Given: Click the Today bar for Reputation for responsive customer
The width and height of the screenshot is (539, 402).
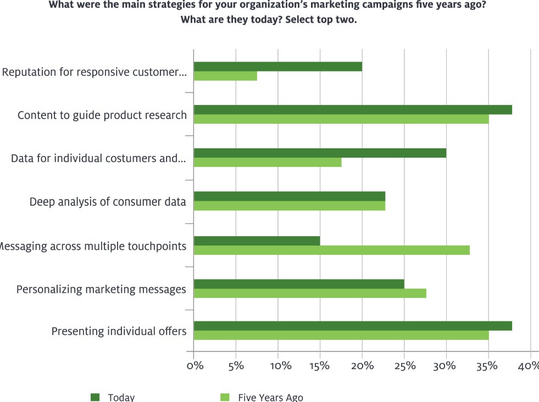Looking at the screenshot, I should point(278,67).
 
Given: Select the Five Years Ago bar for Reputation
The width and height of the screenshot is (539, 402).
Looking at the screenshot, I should point(225,76).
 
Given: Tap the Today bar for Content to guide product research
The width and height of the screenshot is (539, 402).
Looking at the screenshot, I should point(353,110).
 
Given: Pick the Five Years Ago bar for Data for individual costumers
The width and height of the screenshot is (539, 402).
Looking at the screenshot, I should point(268,163).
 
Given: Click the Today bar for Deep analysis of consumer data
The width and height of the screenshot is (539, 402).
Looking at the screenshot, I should point(290,197).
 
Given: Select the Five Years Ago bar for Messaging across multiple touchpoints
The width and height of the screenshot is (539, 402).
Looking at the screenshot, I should point(332,250).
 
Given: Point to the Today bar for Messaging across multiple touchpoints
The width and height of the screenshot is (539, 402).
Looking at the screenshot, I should point(257,241).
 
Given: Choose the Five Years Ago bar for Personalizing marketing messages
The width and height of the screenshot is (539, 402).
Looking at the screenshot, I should point(310,293).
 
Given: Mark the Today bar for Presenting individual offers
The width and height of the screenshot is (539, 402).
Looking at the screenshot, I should point(353,326).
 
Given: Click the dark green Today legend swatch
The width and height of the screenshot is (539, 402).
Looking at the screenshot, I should point(96,397).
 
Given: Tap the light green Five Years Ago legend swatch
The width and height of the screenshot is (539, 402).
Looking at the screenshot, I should point(225,397).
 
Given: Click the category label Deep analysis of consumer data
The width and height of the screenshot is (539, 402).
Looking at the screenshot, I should point(108,202).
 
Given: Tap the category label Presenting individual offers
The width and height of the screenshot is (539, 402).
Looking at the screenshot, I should point(119,332).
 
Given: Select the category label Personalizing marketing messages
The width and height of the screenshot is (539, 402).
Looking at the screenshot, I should point(101,289).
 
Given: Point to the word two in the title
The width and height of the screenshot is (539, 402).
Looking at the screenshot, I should point(346,20).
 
